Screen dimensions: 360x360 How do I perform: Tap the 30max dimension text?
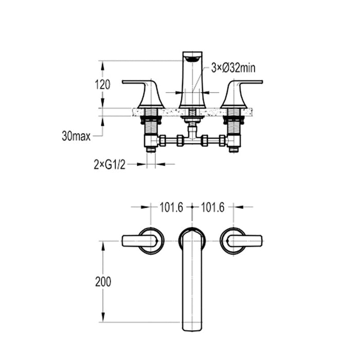(x=76, y=136)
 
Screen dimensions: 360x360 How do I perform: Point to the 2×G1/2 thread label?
(x=109, y=164)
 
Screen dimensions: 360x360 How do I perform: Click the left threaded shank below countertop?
(x=151, y=123)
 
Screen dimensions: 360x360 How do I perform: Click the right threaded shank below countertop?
(x=234, y=123)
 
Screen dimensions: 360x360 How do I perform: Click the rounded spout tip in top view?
(x=192, y=324)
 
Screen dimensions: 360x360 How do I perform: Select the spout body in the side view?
(x=192, y=85)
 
